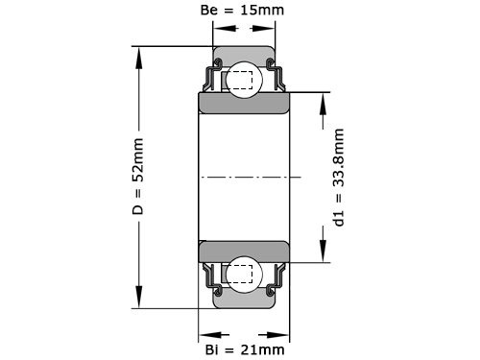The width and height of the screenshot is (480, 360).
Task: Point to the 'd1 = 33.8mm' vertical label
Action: (338, 178)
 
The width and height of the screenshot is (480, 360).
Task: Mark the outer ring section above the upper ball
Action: (244, 55)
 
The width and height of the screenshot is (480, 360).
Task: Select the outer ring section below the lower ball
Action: (244, 300)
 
